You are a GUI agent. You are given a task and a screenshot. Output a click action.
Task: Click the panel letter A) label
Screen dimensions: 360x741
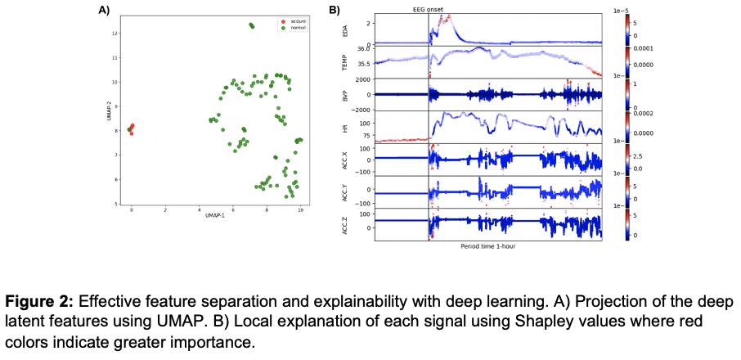tap(104, 11)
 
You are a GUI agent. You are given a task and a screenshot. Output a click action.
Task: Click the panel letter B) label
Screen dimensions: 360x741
tap(335, 11)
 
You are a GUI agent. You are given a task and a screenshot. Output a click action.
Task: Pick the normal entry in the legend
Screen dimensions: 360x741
tap(288, 28)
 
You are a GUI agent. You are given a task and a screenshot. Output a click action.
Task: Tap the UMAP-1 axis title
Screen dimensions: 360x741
tap(215, 218)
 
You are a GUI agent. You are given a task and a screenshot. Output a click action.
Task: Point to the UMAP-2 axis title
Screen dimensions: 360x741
tap(108, 110)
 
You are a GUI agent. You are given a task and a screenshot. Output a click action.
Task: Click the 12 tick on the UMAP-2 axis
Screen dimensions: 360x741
tap(117, 34)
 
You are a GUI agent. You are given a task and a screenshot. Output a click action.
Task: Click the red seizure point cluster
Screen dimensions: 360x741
tap(131, 128)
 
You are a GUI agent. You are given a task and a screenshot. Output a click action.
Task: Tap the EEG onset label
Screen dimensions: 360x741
tap(428, 10)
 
